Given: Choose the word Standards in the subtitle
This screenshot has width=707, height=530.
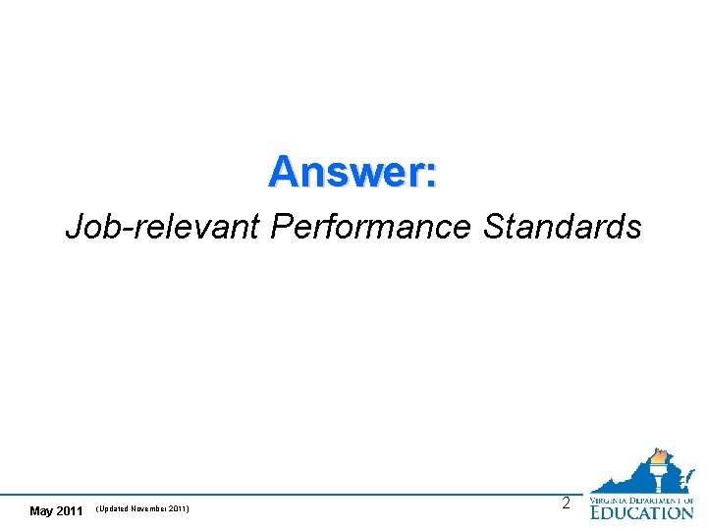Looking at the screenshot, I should click(x=563, y=228).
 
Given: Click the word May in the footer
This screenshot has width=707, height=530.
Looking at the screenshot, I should click(x=42, y=510).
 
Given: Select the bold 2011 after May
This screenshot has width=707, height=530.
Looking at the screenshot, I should click(x=70, y=510).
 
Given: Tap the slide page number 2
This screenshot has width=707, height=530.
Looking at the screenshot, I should click(x=565, y=503).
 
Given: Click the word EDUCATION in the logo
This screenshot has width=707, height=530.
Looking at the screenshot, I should click(x=641, y=511).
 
